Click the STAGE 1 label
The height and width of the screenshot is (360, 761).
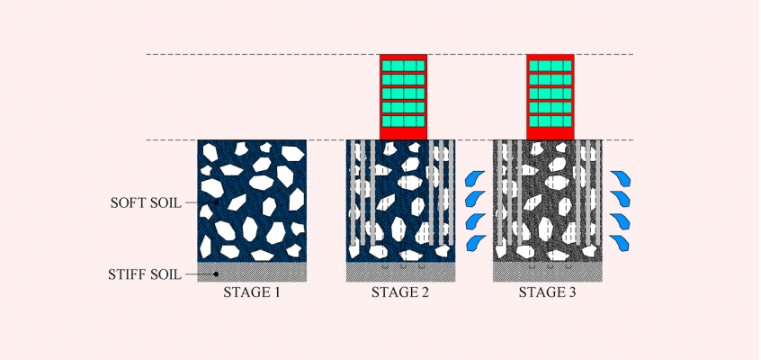coord(251,292)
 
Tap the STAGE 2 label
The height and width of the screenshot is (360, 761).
coord(400,292)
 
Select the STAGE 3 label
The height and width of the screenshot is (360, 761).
coord(547,292)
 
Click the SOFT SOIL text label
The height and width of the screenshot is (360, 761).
coord(146,203)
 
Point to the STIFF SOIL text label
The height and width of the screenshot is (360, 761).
coord(145,274)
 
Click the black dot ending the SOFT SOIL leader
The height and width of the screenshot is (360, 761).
coord(216,202)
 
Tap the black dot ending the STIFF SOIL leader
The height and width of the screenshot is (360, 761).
coord(216,274)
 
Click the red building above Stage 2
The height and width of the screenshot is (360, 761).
coord(403,96)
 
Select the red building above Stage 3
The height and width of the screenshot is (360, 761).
coord(551,96)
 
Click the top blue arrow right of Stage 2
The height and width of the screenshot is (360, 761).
coord(475,178)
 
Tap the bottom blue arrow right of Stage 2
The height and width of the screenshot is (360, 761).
coord(476,243)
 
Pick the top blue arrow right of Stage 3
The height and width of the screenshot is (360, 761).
coord(621,178)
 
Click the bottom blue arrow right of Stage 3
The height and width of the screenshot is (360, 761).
coord(619,243)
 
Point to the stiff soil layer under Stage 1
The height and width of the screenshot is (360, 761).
coord(252,272)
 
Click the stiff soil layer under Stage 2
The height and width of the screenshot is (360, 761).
coord(400,272)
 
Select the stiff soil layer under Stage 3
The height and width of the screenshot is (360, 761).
coord(548,272)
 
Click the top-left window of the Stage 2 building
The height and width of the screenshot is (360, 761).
coord(387,66)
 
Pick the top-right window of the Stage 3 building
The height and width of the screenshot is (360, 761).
coord(567,66)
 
